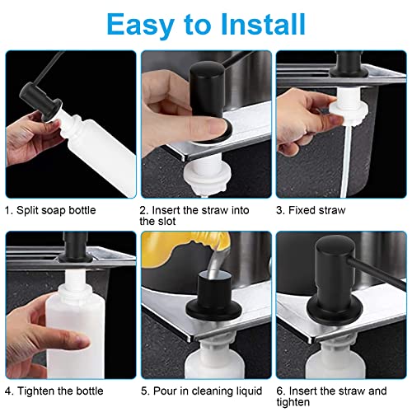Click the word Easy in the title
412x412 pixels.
click(140, 25)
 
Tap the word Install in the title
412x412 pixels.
click(263, 24)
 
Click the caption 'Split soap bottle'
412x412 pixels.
click(56, 210)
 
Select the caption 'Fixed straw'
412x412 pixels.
click(316, 210)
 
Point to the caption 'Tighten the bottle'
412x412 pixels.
click(60, 391)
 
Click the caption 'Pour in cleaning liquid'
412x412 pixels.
click(208, 391)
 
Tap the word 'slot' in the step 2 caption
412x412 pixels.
click(166, 221)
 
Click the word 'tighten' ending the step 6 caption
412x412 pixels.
click(293, 402)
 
